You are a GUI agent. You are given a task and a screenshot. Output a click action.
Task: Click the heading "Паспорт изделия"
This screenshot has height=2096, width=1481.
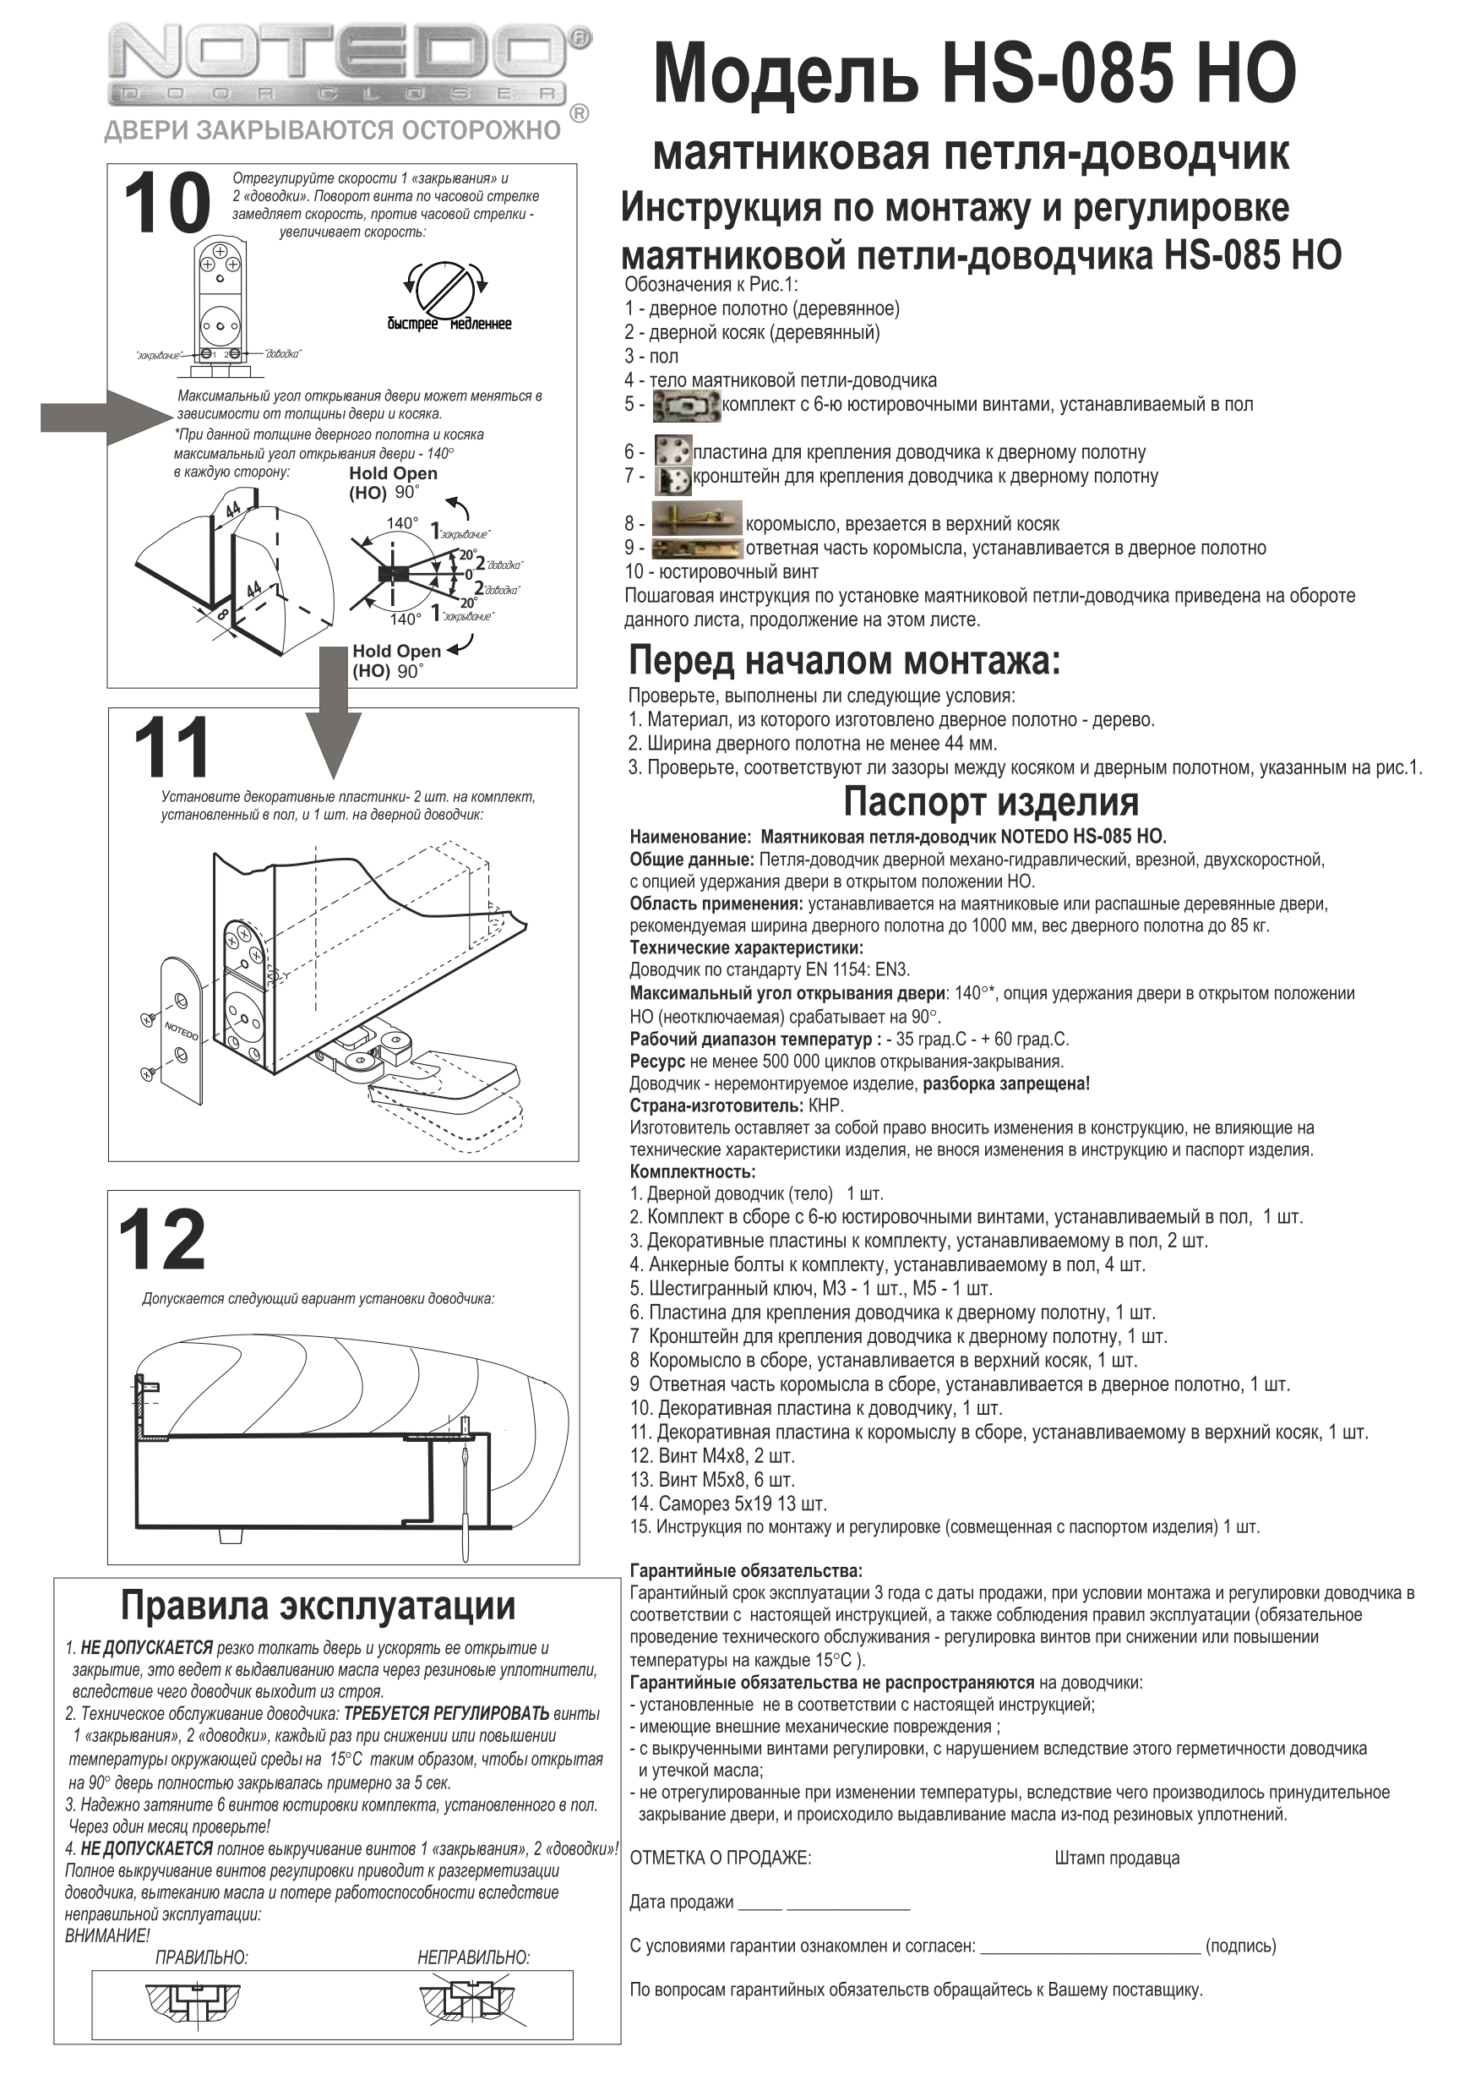pos(990,801)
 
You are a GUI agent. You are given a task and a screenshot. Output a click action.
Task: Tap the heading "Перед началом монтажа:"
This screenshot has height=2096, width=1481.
pos(844,659)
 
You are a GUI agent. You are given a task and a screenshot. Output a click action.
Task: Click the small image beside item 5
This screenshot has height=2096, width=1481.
pos(687,406)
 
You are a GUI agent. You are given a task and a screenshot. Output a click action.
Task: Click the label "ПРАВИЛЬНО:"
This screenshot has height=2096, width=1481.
pos(202,1957)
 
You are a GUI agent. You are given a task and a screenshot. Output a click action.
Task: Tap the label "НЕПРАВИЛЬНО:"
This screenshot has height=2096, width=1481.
pos(474,1957)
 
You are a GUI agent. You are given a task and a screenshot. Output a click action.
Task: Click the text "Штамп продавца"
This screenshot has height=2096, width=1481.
pos(1116,1858)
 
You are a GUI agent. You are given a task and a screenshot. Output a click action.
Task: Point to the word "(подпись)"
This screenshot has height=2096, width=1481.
pos(1240,1946)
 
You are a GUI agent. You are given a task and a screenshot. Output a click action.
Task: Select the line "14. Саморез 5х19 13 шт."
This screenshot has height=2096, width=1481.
pos(728,1503)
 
